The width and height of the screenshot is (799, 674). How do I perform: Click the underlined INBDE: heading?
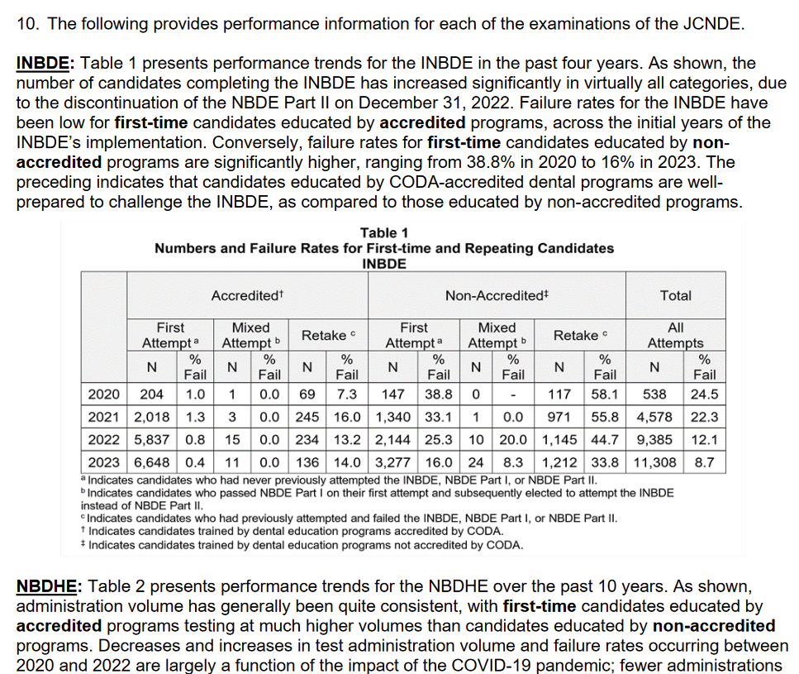point(45,63)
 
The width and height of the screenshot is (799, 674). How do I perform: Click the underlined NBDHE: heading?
point(48,587)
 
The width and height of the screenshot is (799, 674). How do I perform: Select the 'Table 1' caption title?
point(384,233)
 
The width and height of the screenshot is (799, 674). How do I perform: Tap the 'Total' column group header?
point(675,295)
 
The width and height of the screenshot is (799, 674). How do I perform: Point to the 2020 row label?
point(104,394)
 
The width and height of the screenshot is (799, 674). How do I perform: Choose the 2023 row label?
point(104,462)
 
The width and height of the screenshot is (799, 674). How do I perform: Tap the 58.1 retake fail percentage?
point(606,394)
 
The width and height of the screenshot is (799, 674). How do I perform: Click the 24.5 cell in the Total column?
point(704,394)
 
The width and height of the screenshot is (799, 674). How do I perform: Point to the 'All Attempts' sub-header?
point(675,335)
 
